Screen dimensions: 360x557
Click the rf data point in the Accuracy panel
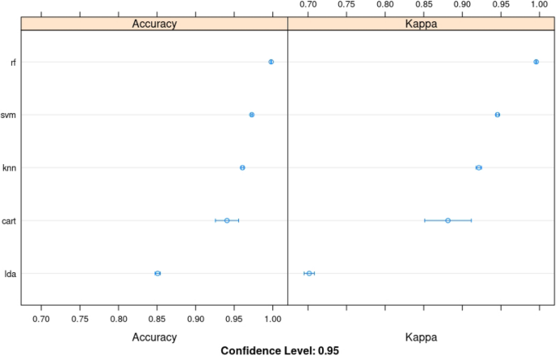click(x=271, y=62)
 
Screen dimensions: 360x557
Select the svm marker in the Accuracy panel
click(x=251, y=115)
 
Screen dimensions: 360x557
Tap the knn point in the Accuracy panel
click(x=242, y=167)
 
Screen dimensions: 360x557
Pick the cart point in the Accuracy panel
click(x=227, y=220)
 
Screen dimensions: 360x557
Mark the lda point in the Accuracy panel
click(x=158, y=273)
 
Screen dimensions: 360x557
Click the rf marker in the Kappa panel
click(x=536, y=62)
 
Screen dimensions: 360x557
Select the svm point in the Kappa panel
click(x=498, y=115)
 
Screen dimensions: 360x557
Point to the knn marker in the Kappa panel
click(x=479, y=167)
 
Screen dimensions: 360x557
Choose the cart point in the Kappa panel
click(x=447, y=220)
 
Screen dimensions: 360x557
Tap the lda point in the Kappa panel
click(x=309, y=273)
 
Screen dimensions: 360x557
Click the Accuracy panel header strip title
click(x=154, y=24)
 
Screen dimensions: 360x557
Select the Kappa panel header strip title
click(x=421, y=24)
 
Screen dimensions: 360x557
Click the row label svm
click(x=10, y=115)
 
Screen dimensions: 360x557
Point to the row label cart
click(x=10, y=220)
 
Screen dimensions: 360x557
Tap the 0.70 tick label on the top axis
click(x=308, y=5)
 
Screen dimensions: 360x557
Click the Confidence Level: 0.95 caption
click(x=280, y=351)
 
